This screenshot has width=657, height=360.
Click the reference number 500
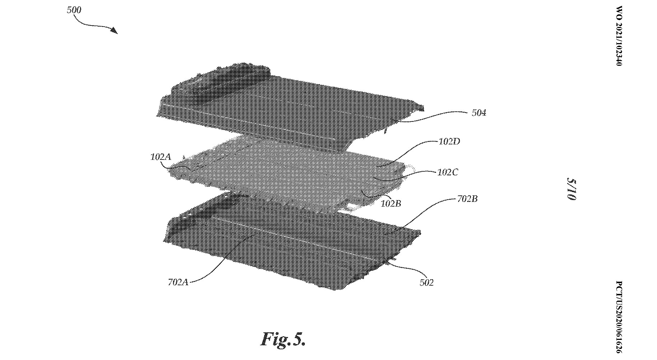(x=74, y=10)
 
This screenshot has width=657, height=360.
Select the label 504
(x=479, y=113)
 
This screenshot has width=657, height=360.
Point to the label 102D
(x=449, y=142)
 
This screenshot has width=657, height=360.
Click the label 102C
(x=448, y=172)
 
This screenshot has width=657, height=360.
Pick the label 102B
(x=391, y=204)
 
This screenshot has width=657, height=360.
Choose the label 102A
(x=160, y=157)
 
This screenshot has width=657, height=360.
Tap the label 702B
(x=467, y=199)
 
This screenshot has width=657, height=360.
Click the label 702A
(x=178, y=282)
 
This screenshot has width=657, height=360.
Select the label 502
(x=427, y=283)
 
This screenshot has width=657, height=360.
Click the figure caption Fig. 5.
(x=283, y=339)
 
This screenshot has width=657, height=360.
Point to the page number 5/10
(x=571, y=189)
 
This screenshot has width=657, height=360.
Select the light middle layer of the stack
(x=287, y=172)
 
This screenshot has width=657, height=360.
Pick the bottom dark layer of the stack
(x=287, y=244)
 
